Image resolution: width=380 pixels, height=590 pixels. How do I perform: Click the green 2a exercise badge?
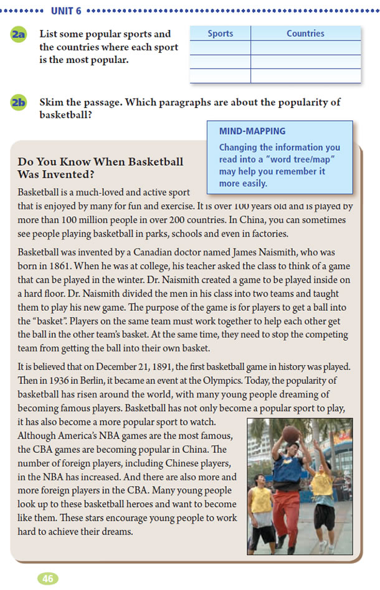pyautogui.click(x=18, y=36)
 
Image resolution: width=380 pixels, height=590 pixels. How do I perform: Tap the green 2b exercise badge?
pyautogui.click(x=18, y=103)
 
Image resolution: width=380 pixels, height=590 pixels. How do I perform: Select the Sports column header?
pyautogui.click(x=220, y=34)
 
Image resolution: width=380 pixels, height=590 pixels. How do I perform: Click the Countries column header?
pyautogui.click(x=305, y=34)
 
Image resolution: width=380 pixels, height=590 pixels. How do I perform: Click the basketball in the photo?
pyautogui.click(x=291, y=434)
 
